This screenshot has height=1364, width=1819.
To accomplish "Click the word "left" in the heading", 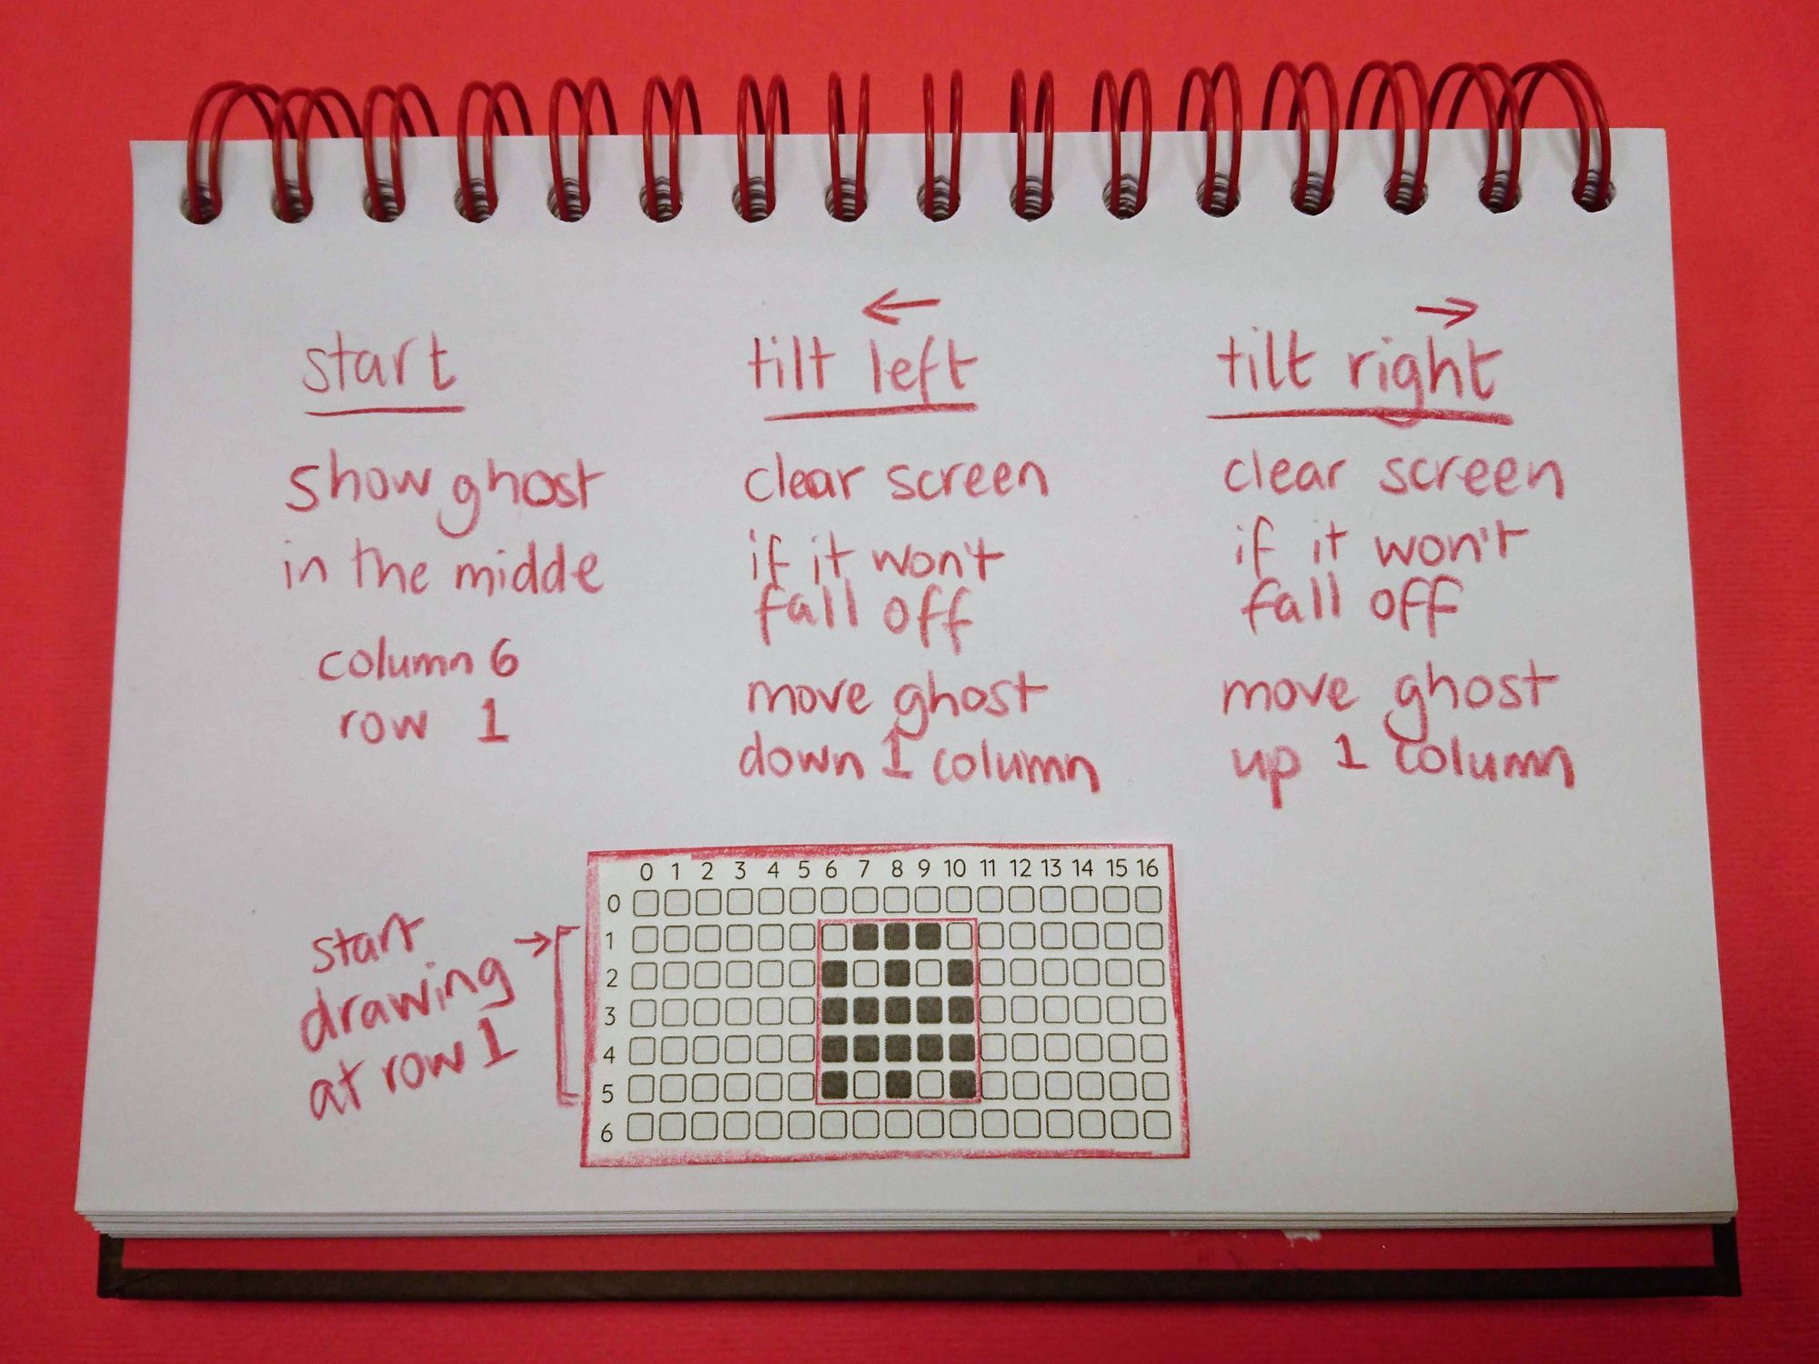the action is tap(920, 368).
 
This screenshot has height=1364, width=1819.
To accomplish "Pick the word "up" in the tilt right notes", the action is tap(1267, 772).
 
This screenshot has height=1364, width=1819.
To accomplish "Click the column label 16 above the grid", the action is tap(1148, 868).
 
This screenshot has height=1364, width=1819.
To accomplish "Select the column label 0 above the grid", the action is tap(646, 871).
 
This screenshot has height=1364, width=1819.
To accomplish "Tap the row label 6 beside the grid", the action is tap(607, 1132).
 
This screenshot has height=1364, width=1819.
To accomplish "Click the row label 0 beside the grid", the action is tap(614, 904).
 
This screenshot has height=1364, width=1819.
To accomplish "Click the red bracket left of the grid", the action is tap(561, 1014).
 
